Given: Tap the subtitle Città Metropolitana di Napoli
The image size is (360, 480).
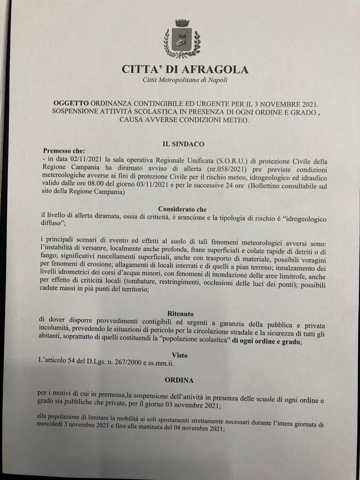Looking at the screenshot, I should tap(185, 81).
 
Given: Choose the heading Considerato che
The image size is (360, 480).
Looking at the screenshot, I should tap(182, 209).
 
